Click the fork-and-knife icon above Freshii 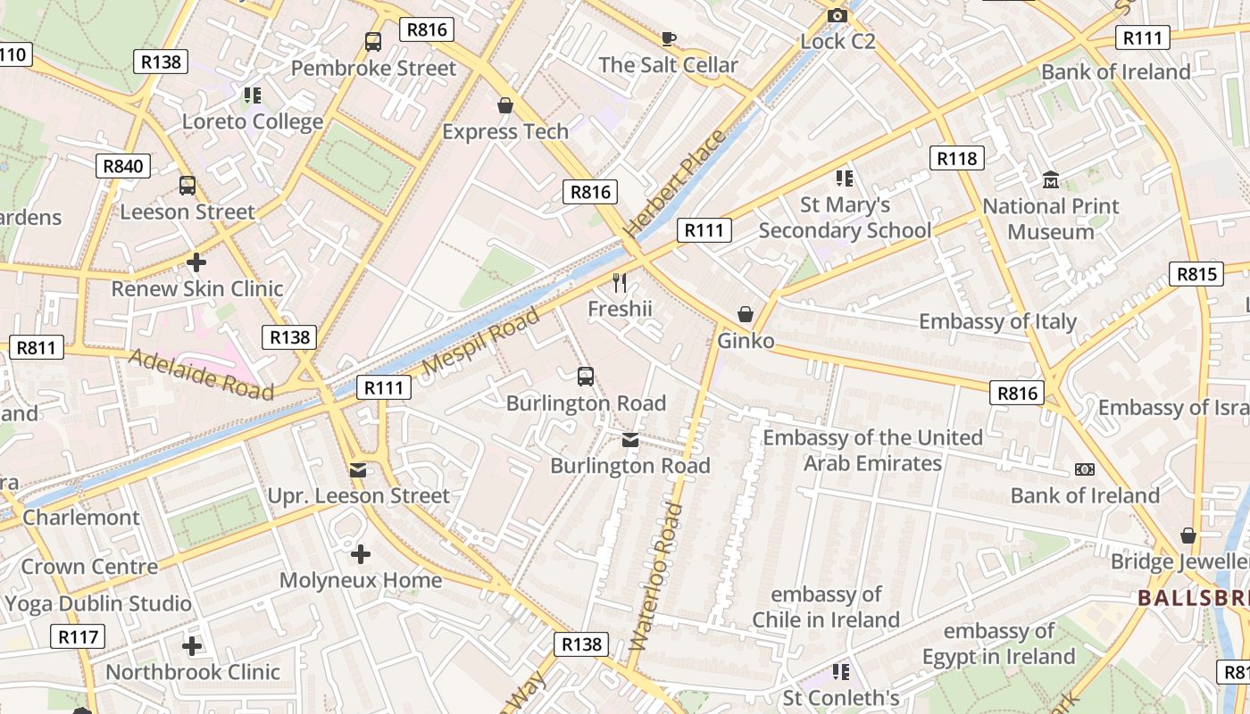[x=621, y=283]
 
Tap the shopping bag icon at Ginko [x=746, y=314]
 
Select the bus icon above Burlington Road [x=586, y=377]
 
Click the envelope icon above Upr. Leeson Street [x=358, y=469]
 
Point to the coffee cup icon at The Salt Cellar [x=669, y=38]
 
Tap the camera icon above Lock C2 [x=837, y=15]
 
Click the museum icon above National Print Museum [x=1050, y=180]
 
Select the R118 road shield [x=957, y=159]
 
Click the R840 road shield [x=123, y=166]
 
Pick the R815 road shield [x=1196, y=274]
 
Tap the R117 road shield [x=78, y=637]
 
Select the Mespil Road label [x=481, y=341]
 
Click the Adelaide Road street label [x=202, y=374]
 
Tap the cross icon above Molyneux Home [x=361, y=554]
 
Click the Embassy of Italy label [x=997, y=321]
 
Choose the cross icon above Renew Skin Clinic [x=196, y=262]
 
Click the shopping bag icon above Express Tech [x=505, y=106]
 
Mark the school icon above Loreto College [x=253, y=95]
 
